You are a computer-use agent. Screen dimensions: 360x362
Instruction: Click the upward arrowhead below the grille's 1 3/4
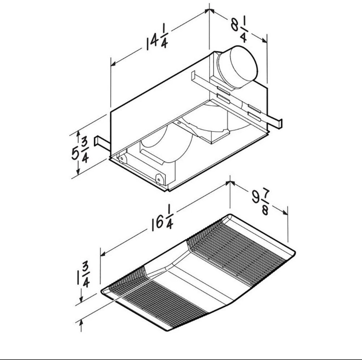tap(81, 323)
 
